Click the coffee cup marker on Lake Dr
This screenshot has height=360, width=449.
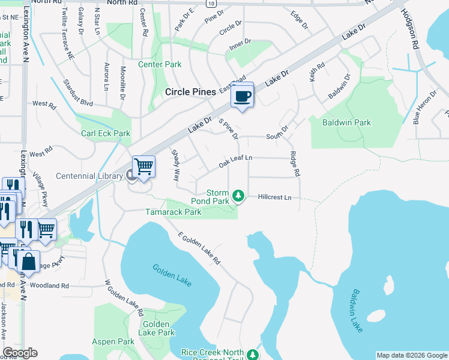(x=243, y=95)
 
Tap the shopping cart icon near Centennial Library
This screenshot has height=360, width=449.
(x=143, y=166)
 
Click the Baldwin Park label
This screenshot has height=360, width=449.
(x=346, y=122)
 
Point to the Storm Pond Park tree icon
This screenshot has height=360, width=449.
(x=238, y=195)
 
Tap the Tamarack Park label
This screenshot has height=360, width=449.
(x=173, y=212)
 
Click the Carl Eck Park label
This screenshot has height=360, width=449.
(x=106, y=133)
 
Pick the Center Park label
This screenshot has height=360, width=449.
(x=160, y=64)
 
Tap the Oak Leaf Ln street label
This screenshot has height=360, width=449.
(x=235, y=161)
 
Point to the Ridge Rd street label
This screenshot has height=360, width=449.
(x=294, y=163)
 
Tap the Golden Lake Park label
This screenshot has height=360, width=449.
(x=156, y=328)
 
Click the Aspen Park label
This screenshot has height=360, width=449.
(x=113, y=341)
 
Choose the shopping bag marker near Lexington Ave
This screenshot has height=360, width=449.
(x=28, y=261)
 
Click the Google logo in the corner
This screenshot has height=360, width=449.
(x=20, y=353)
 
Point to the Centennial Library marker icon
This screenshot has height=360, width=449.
(x=131, y=176)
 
